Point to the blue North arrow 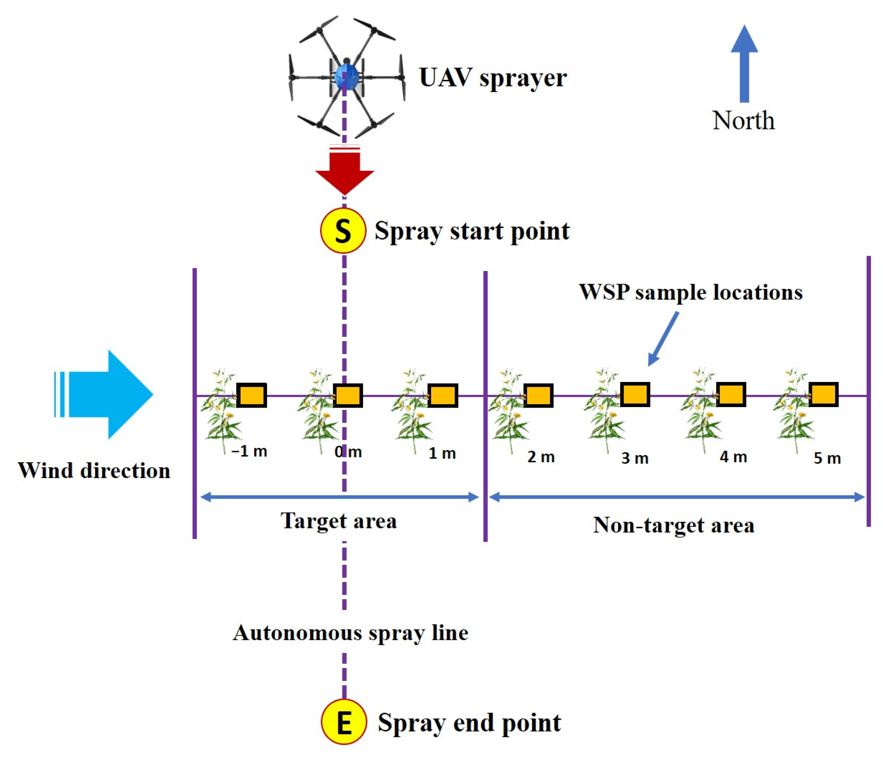pyautogui.click(x=744, y=64)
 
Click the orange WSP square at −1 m pyautogui.click(x=251, y=395)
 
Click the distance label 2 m pyautogui.click(x=541, y=457)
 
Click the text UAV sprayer pyautogui.click(x=493, y=78)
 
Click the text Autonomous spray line pyautogui.click(x=350, y=633)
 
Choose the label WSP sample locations pyautogui.click(x=690, y=292)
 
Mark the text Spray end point pyautogui.click(x=469, y=723)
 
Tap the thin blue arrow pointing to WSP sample pyautogui.click(x=663, y=339)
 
